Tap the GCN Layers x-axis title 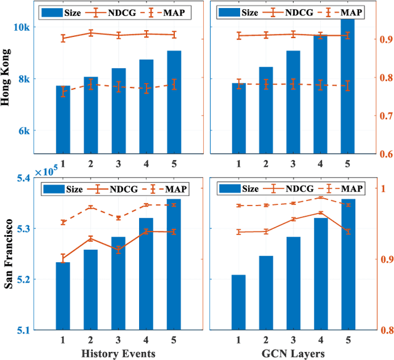pos(291,353)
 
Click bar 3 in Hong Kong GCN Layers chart pos(293,102)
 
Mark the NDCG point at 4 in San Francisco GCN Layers pos(320,213)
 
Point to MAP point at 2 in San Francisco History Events pos(90,207)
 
